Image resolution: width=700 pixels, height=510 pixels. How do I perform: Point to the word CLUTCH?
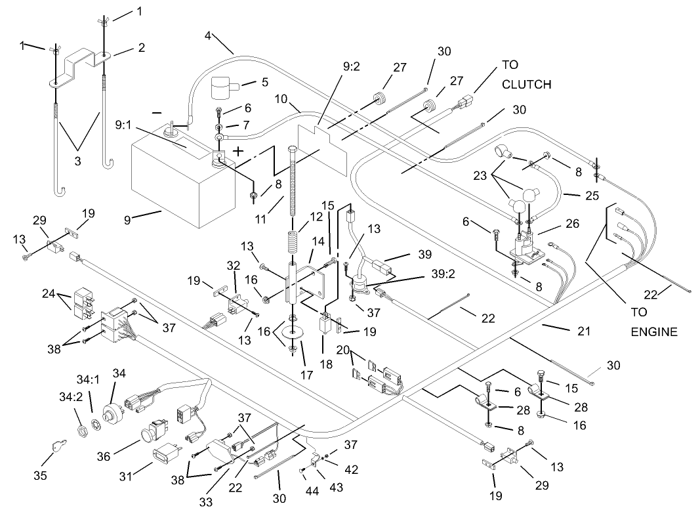click(526, 85)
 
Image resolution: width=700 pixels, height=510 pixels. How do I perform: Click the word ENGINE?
click(653, 331)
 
